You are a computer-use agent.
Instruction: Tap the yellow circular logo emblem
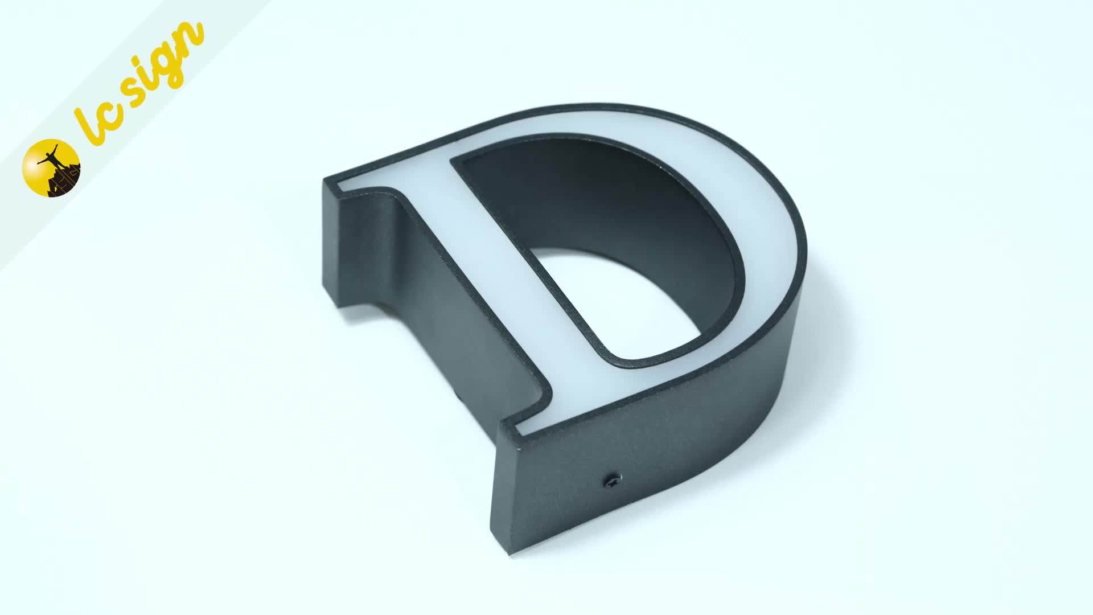[51, 169]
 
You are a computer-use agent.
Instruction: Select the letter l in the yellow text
[94, 122]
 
